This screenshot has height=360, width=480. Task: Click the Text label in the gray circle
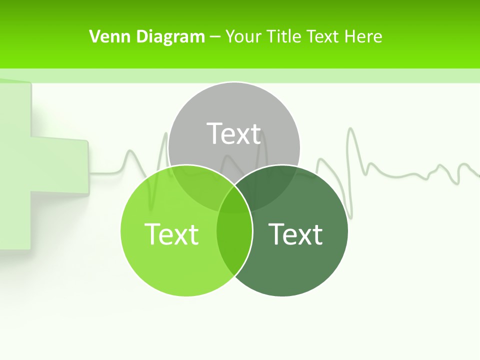[x=234, y=133]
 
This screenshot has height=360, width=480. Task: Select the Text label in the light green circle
[x=171, y=233]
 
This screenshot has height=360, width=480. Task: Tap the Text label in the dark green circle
[x=295, y=233]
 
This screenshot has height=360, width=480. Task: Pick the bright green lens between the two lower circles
[x=234, y=245]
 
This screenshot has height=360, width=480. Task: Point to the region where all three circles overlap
[x=234, y=200]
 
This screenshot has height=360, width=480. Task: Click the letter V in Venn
[x=94, y=36]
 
